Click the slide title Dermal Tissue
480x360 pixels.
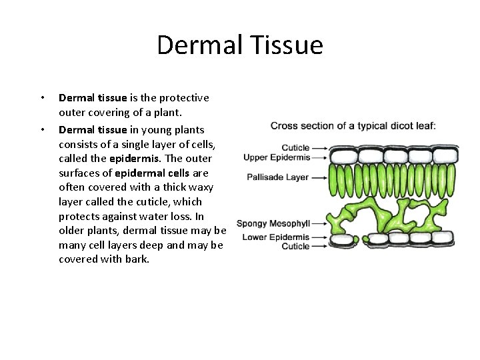coord(240,45)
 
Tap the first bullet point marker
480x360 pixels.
coord(43,98)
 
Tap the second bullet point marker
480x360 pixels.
coord(43,130)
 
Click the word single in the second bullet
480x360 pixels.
coord(136,144)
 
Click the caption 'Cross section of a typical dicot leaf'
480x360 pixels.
coord(353,125)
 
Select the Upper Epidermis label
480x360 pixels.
coord(277,158)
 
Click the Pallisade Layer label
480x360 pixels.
coord(278,177)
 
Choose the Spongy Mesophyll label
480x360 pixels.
coord(273,223)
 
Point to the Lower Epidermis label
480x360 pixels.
coord(276,237)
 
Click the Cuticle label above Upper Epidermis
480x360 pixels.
coord(295,148)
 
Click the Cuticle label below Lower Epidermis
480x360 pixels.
coord(295,246)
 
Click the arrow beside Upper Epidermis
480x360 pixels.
coord(321,158)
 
